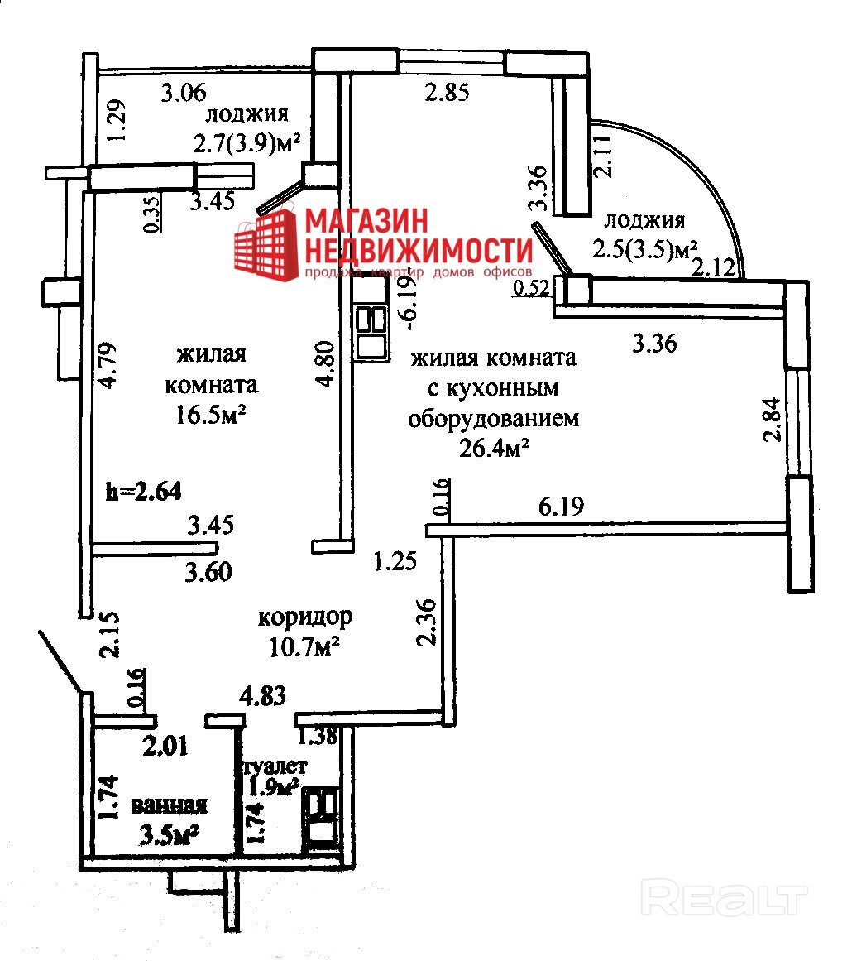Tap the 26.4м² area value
pos(494,449)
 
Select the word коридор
pos(305,617)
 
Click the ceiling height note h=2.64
pos(143,492)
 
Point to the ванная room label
pos(169,805)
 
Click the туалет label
pos(275,766)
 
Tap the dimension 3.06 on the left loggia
pos(183,93)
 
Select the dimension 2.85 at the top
pos(447,93)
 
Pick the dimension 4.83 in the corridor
pos(262,696)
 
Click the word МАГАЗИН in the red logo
pos(367,221)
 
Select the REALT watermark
pos(724,896)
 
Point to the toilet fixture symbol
pos(320,819)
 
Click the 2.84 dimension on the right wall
pos(773,420)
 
